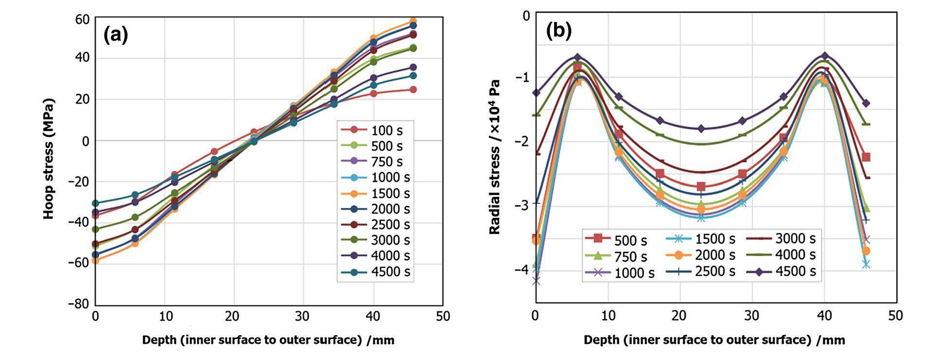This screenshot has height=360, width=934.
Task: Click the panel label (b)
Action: tap(558, 31)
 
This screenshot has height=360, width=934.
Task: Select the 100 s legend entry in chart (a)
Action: tap(376, 130)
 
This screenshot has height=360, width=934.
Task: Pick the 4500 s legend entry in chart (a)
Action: tap(376, 271)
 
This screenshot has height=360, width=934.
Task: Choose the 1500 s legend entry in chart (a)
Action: tap(376, 193)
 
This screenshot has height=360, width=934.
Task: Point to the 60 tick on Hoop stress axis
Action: tap(82, 19)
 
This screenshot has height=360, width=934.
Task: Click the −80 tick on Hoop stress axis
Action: tap(79, 304)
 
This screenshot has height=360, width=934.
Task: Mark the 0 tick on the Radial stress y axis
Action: tap(526, 16)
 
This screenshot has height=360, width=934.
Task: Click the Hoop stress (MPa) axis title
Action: tap(49, 159)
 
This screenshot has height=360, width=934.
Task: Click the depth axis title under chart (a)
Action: tap(268, 340)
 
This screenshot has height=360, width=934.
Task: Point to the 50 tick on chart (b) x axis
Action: tap(895, 316)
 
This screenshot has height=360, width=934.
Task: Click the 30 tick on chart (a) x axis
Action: tap(303, 316)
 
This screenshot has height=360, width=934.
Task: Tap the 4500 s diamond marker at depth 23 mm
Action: tap(701, 128)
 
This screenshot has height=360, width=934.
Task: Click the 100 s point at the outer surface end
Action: tap(413, 90)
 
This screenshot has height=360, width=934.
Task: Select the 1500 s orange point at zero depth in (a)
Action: tap(96, 260)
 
